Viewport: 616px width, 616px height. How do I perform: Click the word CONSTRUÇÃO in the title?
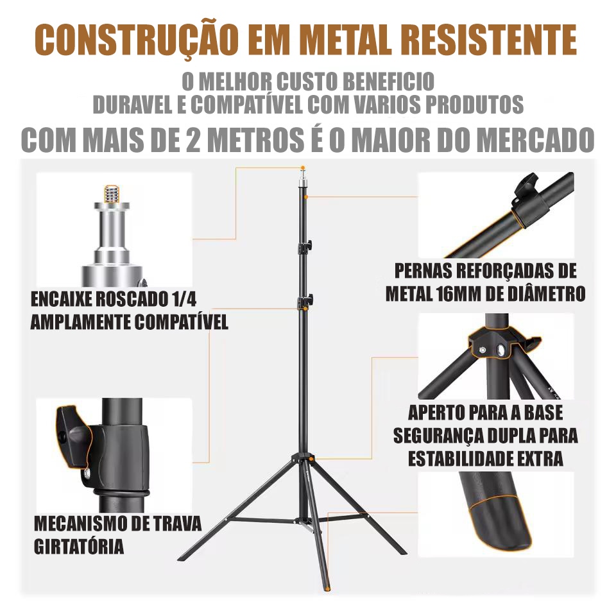click(136, 40)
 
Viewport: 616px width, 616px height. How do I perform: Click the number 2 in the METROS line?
click(194, 139)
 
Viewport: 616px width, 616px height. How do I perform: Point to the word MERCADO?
click(537, 139)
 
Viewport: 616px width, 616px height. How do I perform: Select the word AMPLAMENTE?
click(81, 322)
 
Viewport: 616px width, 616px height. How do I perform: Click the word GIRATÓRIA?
click(79, 546)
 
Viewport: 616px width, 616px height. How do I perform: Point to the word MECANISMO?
click(82, 524)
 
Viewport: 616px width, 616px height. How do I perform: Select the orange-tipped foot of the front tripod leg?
click(326, 587)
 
